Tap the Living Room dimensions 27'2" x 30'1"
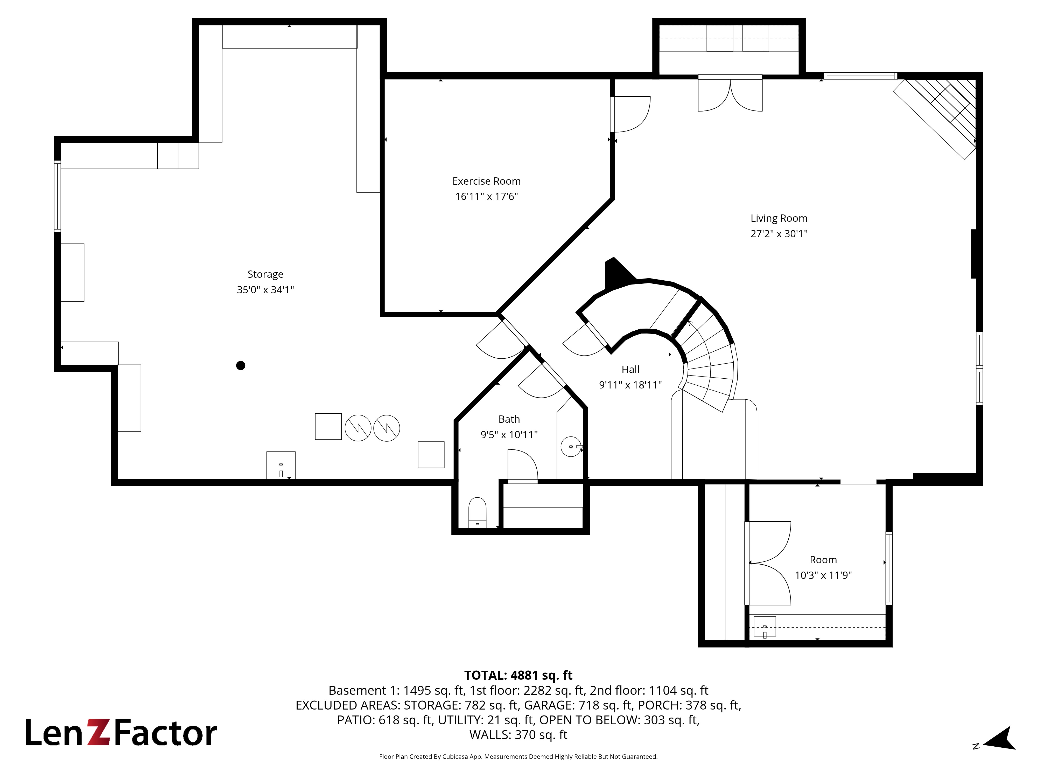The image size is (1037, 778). click(779, 234)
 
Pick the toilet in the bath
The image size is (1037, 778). click(477, 512)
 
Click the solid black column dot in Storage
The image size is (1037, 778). click(241, 365)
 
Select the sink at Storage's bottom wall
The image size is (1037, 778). click(281, 465)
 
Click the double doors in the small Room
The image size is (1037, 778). click(769, 563)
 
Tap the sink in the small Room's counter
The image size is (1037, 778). click(765, 627)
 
